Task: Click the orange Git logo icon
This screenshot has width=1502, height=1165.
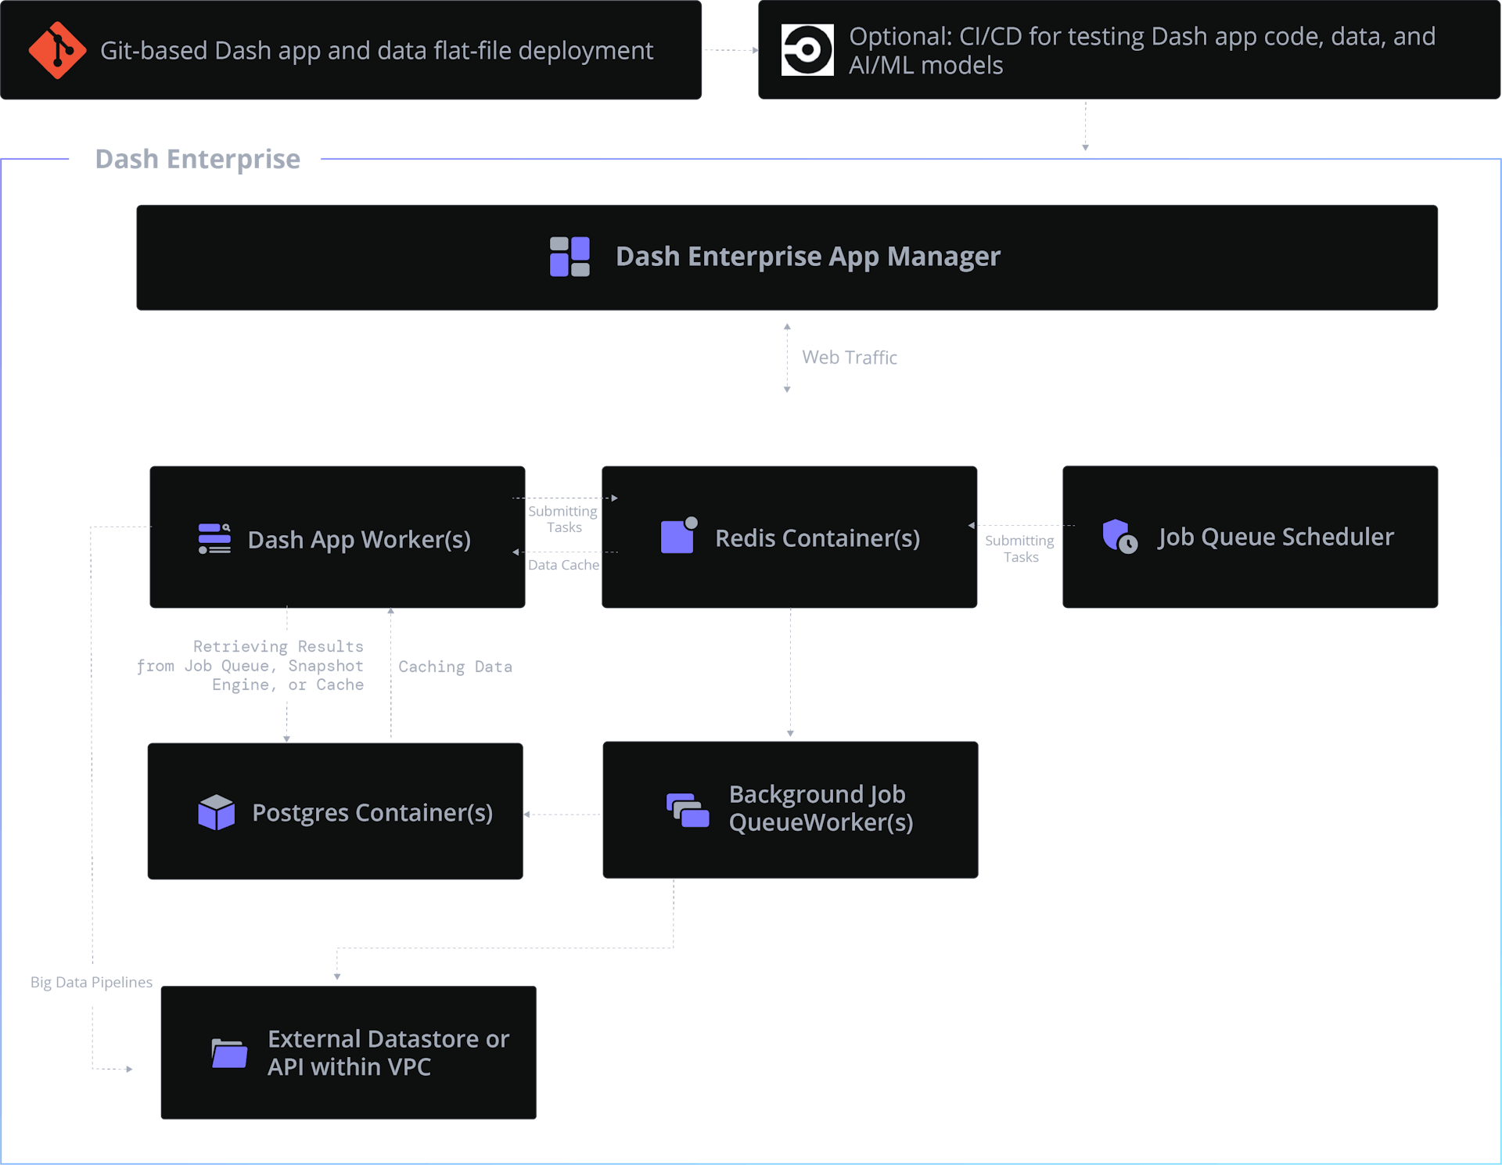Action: pyautogui.click(x=57, y=50)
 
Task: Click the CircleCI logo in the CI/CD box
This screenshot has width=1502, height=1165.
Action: pyautogui.click(x=807, y=50)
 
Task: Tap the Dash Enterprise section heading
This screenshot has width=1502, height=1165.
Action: pyautogui.click(x=197, y=159)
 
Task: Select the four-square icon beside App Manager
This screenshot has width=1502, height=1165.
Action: pyautogui.click(x=570, y=257)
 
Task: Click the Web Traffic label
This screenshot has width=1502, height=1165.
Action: pyautogui.click(x=849, y=358)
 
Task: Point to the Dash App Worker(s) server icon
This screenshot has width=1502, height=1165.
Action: pyautogui.click(x=214, y=539)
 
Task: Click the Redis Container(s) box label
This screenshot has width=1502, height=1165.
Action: pyautogui.click(x=817, y=538)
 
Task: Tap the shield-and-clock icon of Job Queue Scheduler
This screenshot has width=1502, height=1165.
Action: pyautogui.click(x=1119, y=537)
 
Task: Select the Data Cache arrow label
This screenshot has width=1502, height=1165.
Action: pyautogui.click(x=563, y=565)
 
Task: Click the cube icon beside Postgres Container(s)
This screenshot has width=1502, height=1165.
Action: pyautogui.click(x=217, y=812)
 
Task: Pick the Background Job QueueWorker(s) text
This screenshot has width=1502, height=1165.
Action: pyautogui.click(x=820, y=808)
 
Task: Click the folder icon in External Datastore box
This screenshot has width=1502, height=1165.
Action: pyautogui.click(x=229, y=1053)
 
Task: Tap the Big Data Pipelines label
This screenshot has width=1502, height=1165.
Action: pyautogui.click(x=92, y=983)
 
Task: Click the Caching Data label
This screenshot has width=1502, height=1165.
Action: pyautogui.click(x=455, y=667)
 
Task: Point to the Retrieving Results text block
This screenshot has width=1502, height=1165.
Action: pyautogui.click(x=250, y=666)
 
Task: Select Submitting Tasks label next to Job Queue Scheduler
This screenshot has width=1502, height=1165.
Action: pyautogui.click(x=1019, y=548)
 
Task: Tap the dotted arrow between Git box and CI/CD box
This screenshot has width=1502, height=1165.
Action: pyautogui.click(x=730, y=50)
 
